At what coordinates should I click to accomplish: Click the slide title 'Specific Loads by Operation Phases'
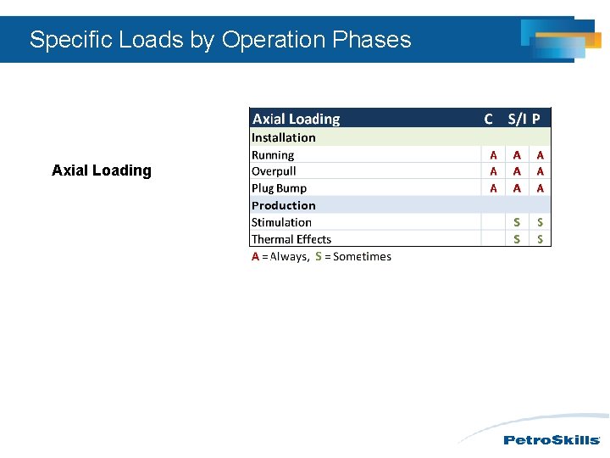(220, 40)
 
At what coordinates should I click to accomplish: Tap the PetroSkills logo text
(552, 440)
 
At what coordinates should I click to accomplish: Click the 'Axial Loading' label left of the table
(102, 170)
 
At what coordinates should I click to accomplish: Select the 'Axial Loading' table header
(297, 120)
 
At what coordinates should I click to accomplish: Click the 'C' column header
(488, 120)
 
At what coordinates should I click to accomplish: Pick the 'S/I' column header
(517, 120)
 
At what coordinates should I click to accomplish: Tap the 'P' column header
(536, 120)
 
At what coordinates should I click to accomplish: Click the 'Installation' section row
(284, 137)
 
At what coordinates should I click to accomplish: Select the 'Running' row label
(273, 155)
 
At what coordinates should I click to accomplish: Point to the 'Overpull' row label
(274, 171)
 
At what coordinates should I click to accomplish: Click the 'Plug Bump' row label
(279, 188)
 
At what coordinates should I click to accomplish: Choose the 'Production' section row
(284, 205)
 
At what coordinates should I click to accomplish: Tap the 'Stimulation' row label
(281, 222)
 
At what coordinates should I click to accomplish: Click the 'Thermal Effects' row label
(291, 239)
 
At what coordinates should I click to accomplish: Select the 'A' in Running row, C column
(494, 155)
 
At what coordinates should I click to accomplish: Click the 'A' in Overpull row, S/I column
(517, 171)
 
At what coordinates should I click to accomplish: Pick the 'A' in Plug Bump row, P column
(541, 188)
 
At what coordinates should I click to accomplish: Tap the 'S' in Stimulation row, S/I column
(517, 222)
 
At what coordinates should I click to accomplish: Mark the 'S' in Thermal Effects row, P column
(541, 239)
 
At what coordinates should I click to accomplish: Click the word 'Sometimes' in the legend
(363, 257)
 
